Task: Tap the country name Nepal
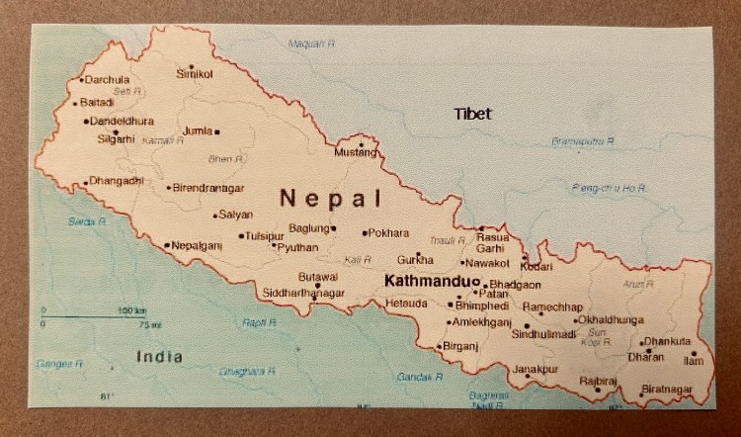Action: click(330, 198)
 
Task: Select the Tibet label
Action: click(472, 114)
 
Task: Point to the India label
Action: click(160, 356)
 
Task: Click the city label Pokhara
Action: click(388, 233)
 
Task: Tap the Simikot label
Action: click(195, 74)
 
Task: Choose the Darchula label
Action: click(108, 79)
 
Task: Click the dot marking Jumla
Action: click(217, 131)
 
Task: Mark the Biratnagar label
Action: click(667, 390)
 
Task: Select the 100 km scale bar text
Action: click(132, 310)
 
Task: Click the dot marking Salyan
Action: click(215, 215)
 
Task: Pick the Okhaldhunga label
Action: click(612, 320)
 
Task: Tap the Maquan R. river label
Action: click(311, 44)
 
